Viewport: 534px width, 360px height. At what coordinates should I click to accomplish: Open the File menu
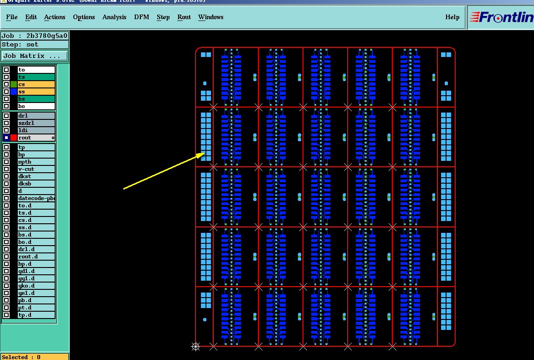12,17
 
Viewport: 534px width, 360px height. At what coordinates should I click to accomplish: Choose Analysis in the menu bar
114,17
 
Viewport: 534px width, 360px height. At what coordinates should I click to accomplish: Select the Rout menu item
184,17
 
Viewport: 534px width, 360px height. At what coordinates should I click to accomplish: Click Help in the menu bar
452,17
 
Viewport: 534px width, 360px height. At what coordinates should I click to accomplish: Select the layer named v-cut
26,169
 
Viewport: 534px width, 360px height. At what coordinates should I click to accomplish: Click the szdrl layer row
26,123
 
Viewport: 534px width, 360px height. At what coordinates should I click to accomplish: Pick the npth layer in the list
25,162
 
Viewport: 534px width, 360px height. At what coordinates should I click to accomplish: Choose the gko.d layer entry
26,286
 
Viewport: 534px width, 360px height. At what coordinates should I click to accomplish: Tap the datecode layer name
36,198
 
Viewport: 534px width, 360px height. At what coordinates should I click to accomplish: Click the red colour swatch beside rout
14,138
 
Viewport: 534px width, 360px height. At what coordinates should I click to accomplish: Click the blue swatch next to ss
14,92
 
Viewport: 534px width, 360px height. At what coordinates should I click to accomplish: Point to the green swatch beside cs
14,84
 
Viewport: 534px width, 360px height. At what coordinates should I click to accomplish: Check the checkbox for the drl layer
6,116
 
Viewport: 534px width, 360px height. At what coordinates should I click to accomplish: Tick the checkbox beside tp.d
6,315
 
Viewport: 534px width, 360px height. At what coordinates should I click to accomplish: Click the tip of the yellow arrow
204,154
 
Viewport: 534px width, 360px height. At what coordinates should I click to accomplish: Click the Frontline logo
502,17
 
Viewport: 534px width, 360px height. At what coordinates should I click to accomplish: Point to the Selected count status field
35,357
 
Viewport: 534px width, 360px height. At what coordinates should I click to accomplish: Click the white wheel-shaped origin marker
195,347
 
